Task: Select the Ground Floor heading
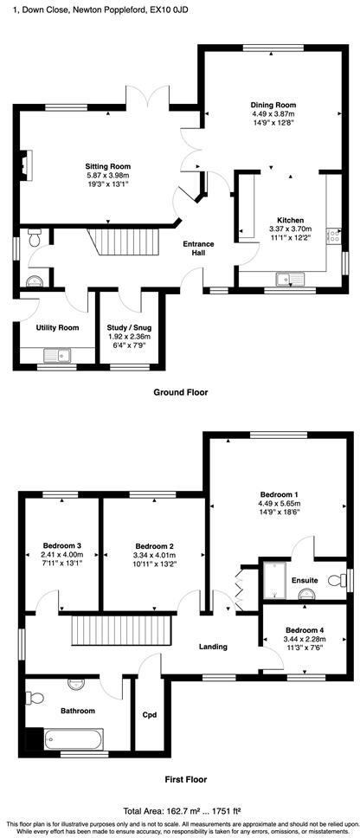point(180,392)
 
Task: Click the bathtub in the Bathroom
point(73,740)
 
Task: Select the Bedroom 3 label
point(62,545)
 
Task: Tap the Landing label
point(213,647)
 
